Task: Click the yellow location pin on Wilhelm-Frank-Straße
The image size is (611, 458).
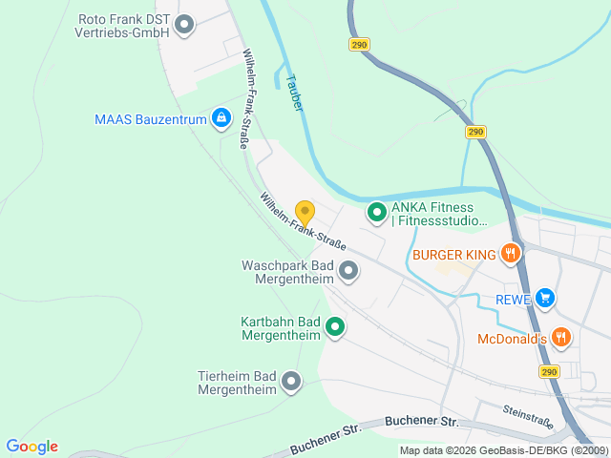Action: tap(305, 213)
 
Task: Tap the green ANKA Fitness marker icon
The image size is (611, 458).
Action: tap(376, 212)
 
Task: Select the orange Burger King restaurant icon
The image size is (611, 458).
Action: tap(511, 254)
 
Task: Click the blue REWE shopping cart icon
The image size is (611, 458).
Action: tap(544, 298)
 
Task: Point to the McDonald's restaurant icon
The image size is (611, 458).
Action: tap(561, 337)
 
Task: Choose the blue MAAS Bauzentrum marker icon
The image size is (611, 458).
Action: tap(221, 118)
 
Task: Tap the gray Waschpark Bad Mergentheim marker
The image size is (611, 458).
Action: tap(348, 271)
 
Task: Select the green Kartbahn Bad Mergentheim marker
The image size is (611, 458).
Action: tap(335, 328)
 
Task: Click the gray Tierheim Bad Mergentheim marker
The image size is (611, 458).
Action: tap(291, 383)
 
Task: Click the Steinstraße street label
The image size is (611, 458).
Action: tap(528, 417)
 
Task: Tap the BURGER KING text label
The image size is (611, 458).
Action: tap(454, 255)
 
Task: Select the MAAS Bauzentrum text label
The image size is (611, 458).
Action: tap(151, 119)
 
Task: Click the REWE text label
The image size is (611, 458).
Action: tap(512, 299)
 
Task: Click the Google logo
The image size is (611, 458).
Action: tap(32, 447)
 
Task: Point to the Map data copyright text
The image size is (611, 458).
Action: tap(502, 450)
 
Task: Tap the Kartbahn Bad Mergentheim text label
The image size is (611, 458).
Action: tap(281, 328)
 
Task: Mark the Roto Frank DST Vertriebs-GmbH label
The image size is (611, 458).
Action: tap(122, 25)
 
